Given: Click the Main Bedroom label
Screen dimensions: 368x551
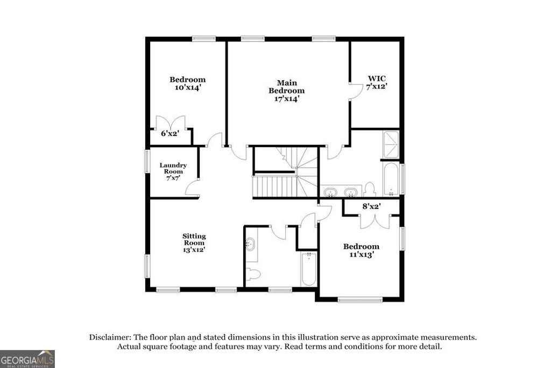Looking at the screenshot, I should [x=287, y=91].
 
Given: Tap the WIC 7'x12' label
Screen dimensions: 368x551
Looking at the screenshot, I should [x=377, y=82].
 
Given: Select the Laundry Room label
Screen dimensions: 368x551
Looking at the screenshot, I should [x=173, y=171].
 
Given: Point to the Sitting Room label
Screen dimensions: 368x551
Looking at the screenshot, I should [x=194, y=242].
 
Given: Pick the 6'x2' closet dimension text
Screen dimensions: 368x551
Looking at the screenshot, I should [x=170, y=133].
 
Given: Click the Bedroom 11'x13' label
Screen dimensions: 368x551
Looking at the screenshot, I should [x=361, y=251].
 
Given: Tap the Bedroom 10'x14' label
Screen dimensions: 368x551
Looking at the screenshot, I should [x=188, y=84].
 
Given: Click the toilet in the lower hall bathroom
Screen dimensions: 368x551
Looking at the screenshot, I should [x=253, y=274].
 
